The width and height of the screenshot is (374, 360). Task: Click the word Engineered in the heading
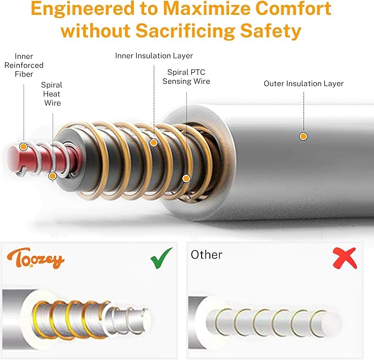(x=83, y=9)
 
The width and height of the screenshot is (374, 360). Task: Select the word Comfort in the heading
(x=293, y=8)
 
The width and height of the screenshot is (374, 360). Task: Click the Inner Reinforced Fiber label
(x=24, y=65)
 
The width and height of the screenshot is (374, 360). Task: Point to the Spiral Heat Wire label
(x=52, y=94)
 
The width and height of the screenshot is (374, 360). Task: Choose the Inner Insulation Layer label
(x=154, y=56)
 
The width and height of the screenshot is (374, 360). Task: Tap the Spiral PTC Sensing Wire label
(x=186, y=77)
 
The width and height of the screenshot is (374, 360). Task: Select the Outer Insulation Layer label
(x=303, y=84)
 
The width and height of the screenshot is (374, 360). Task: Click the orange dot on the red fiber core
(x=23, y=147)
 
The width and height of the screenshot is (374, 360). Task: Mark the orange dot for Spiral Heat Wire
(x=52, y=176)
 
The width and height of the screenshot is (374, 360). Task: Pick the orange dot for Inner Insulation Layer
(x=154, y=143)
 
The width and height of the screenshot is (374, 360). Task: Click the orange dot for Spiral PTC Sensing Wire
(x=186, y=178)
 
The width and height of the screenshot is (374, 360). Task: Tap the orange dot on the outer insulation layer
(x=303, y=137)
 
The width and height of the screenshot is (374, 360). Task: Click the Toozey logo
(x=36, y=259)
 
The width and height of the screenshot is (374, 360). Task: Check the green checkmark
(x=161, y=259)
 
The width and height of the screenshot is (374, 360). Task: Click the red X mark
(x=345, y=259)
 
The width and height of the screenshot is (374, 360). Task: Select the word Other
(x=207, y=255)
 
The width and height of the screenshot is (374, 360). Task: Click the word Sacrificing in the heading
(x=185, y=31)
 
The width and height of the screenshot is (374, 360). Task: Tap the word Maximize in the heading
(x=207, y=8)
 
